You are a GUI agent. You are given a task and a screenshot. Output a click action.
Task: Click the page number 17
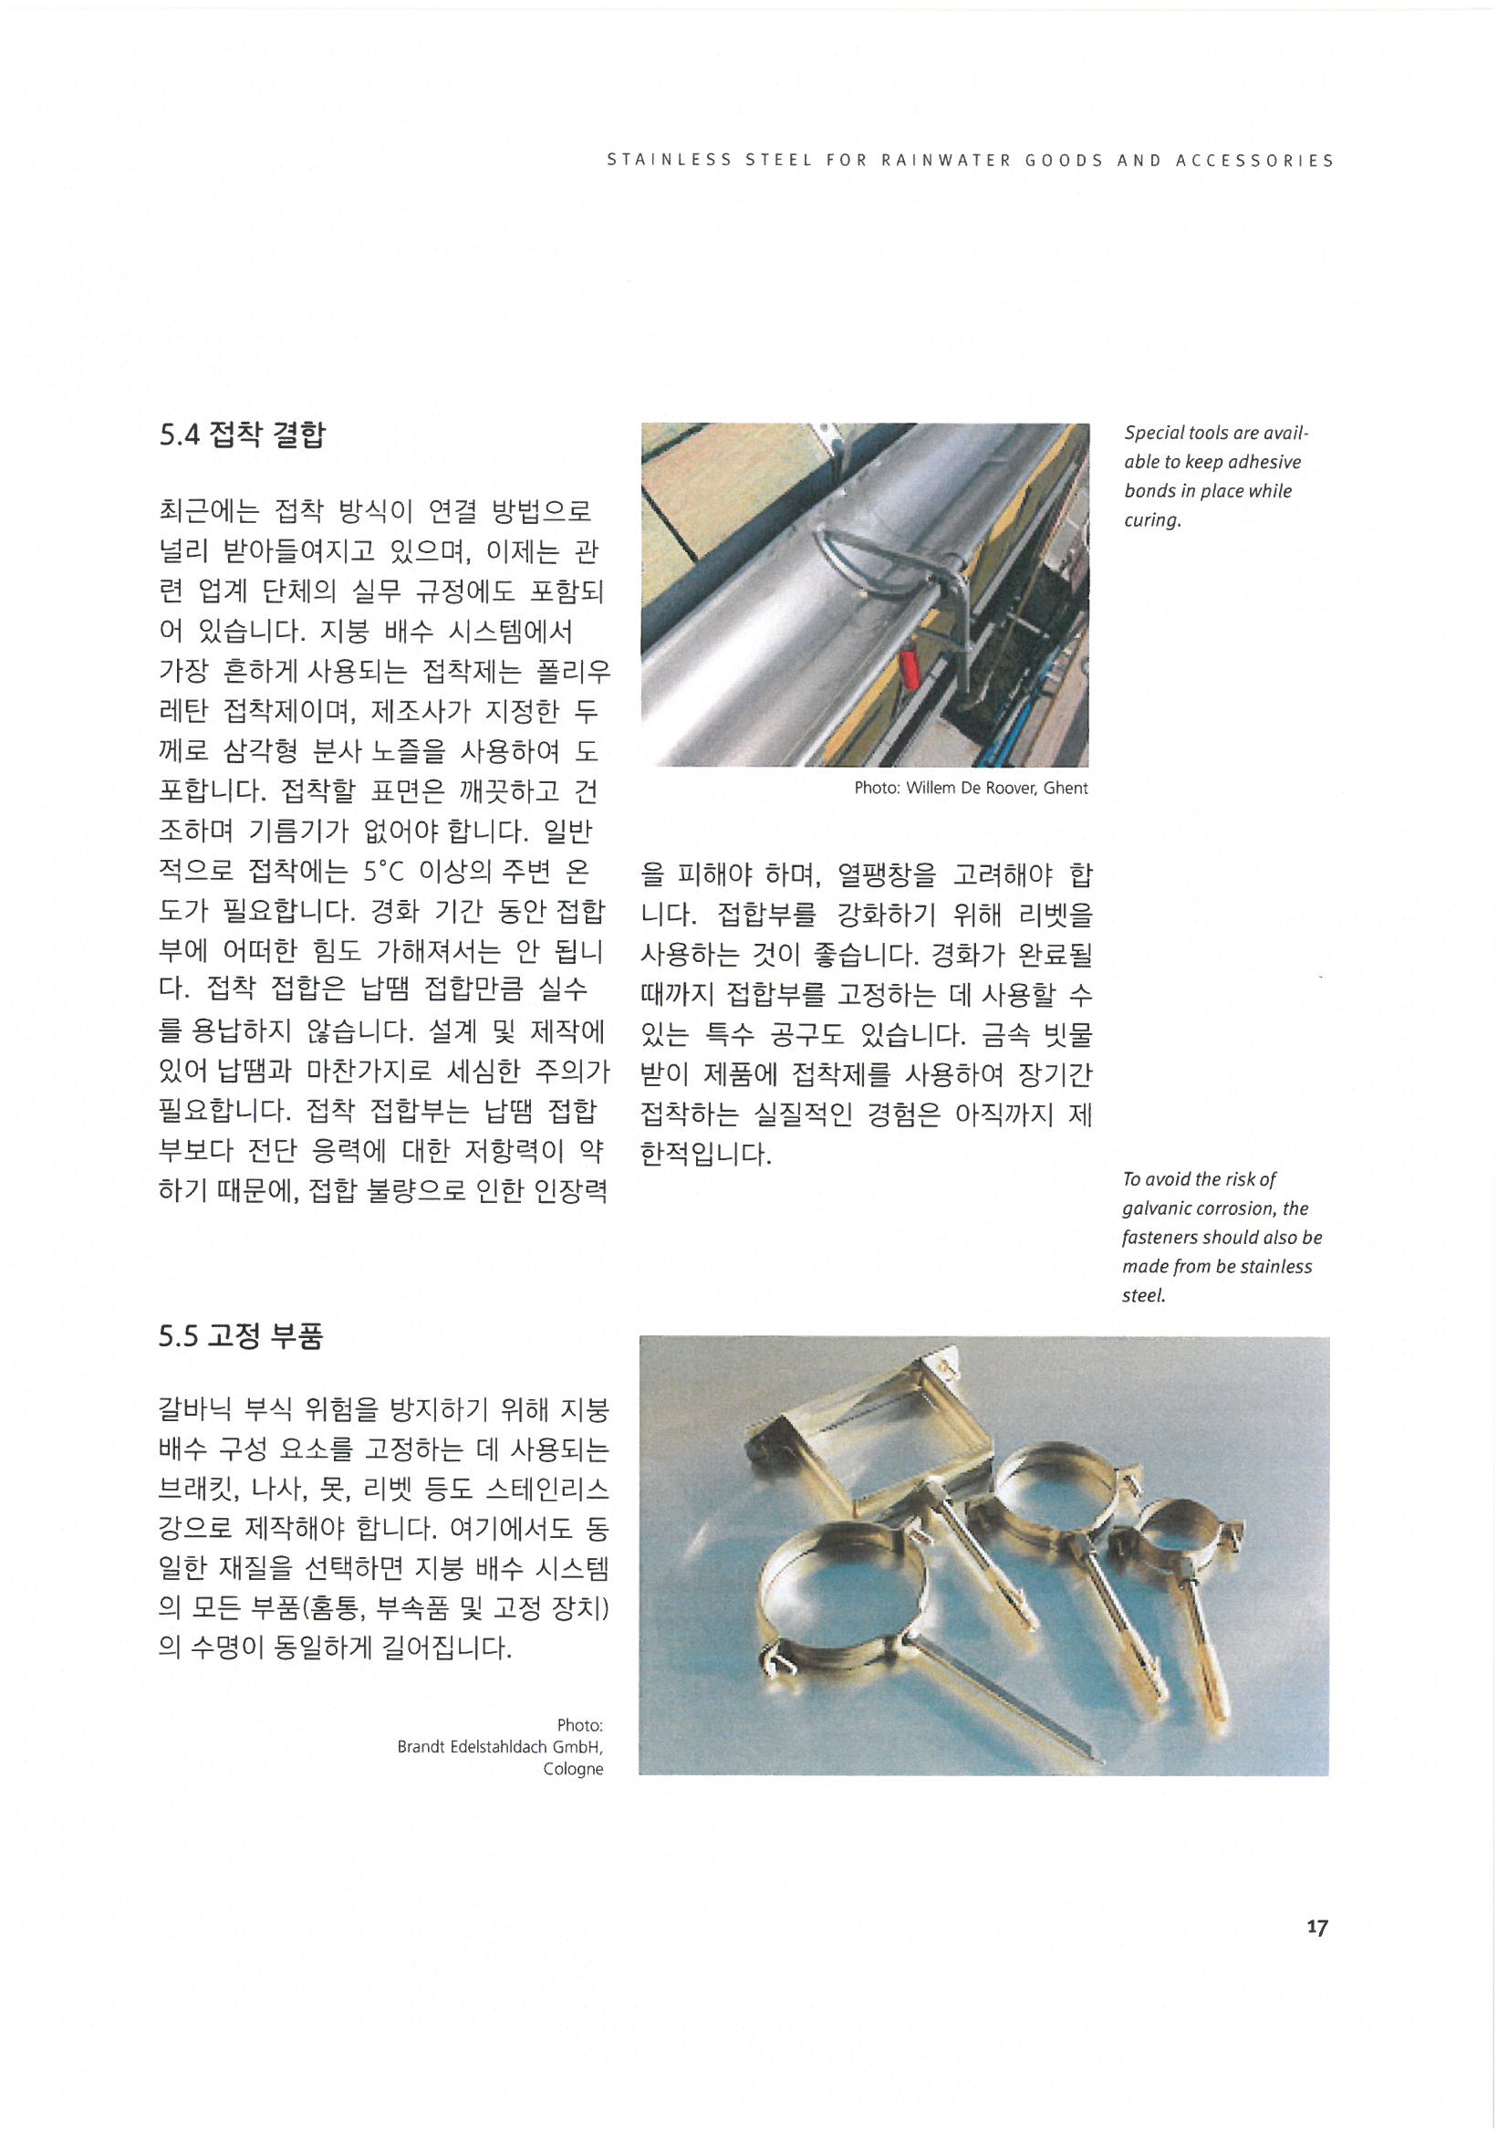pos(1316,1928)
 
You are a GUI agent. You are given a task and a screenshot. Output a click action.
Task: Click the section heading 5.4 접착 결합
pos(243,434)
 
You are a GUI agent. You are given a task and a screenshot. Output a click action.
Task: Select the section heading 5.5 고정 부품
pos(241,1336)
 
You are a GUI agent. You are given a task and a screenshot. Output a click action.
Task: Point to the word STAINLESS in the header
pos(669,161)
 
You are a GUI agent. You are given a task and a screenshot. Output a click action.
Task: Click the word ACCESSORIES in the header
pos(1254,161)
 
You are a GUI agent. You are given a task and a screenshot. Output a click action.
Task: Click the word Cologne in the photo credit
pos(573,1769)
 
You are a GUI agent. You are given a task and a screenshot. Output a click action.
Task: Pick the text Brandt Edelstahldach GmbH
pos(500,1746)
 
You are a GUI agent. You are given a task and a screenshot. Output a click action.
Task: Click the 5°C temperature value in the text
pos(383,872)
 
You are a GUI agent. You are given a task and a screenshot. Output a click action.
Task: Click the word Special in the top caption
pos(1154,434)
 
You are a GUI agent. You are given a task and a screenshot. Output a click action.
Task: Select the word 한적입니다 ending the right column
pos(706,1155)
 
